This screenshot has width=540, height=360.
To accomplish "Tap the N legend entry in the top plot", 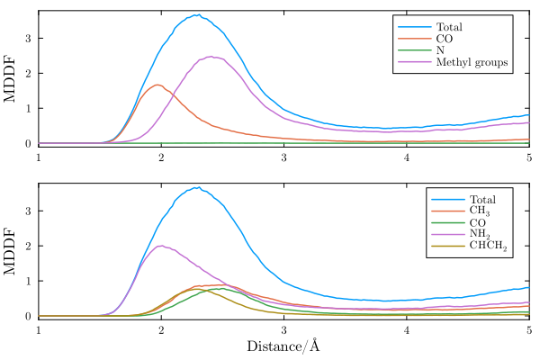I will point(440,50).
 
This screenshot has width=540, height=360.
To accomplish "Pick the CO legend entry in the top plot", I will point(445,39).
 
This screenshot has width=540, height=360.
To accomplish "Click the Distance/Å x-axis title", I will point(283,346).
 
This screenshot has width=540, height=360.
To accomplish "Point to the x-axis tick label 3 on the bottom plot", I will point(283,330).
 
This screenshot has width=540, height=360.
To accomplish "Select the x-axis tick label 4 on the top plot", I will point(407,157).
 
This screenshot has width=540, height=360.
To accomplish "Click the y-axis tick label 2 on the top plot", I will point(29,73).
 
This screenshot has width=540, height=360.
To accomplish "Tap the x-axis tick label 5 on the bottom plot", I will point(528,330).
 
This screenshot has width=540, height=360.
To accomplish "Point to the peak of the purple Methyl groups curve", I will point(211,57).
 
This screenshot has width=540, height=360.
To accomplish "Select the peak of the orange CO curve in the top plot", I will point(158,85).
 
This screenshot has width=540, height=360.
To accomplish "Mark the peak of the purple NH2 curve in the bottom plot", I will point(161,246).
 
